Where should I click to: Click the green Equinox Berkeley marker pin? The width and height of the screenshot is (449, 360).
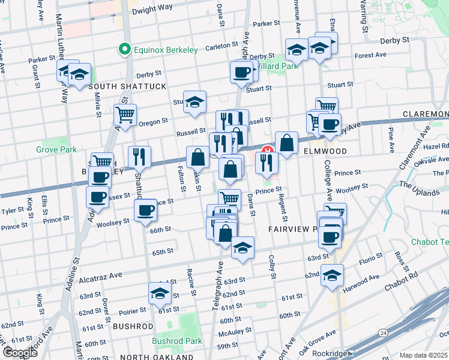click(x=125, y=50)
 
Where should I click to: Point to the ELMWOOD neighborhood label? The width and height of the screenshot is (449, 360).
click(x=325, y=151)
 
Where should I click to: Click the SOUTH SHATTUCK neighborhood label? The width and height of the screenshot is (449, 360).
click(x=127, y=87)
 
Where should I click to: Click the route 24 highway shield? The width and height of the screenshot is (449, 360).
click(x=382, y=332)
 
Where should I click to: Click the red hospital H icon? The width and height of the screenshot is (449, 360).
click(x=268, y=150)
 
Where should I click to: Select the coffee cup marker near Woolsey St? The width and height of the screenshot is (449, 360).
click(x=145, y=211)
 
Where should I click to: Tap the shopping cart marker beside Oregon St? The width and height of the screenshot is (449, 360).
click(x=125, y=113)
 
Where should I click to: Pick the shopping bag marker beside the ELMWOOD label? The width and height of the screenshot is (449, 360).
click(x=287, y=142)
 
